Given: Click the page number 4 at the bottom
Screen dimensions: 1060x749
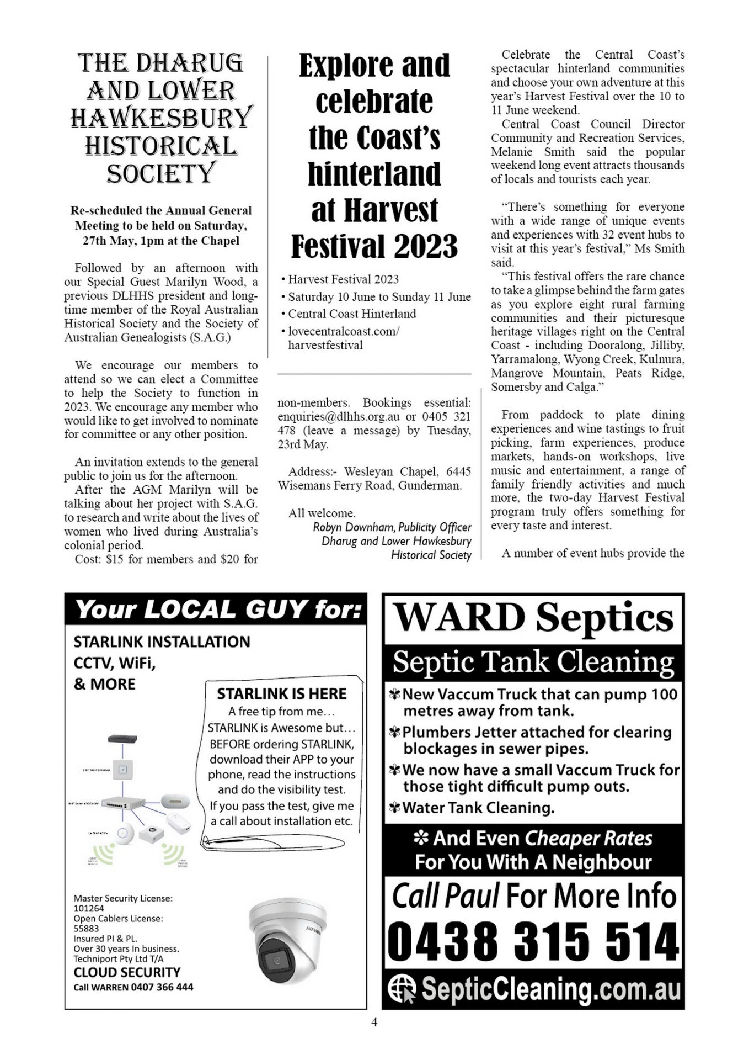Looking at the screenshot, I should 374,1022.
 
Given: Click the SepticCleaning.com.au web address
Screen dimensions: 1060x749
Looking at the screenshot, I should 551,990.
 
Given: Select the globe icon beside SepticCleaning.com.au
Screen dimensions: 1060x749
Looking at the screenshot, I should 402,989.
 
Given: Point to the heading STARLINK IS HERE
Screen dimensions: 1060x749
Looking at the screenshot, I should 281,693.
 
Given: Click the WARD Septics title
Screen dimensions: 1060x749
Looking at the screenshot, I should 533,617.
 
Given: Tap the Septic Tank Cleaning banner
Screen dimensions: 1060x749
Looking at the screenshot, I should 533,661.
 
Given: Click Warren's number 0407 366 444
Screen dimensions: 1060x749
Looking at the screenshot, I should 162,987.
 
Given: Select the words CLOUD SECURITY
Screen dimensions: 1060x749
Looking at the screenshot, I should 127,972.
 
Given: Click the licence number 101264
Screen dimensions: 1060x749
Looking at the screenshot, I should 89,908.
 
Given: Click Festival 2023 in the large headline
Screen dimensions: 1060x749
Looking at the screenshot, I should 374,246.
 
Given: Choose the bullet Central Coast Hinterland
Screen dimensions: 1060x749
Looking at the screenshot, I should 352,314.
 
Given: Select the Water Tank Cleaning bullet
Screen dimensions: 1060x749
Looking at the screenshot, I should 478,808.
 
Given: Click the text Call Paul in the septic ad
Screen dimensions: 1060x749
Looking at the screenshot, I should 446,895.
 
